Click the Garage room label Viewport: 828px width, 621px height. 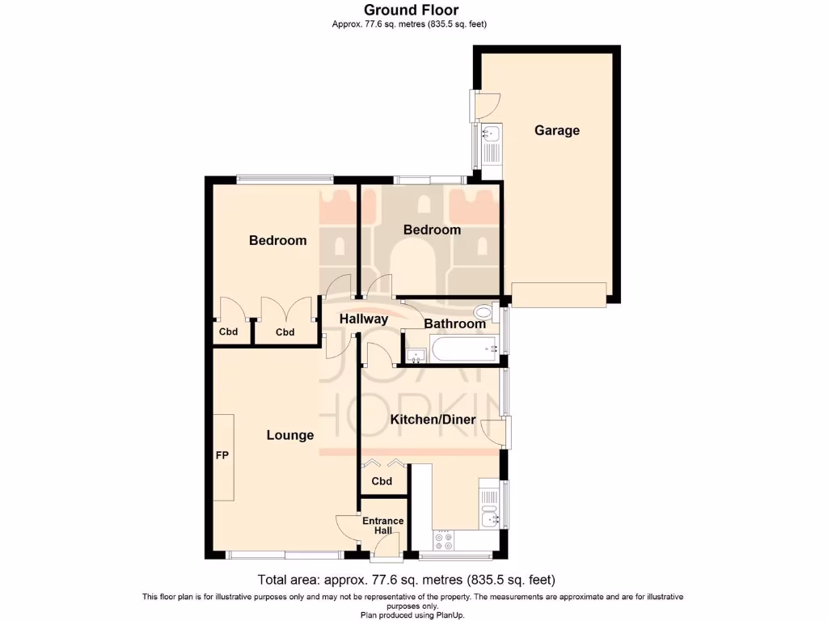pyautogui.click(x=556, y=130)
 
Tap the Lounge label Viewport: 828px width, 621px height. pyautogui.click(x=290, y=435)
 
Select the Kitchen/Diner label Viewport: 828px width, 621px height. pyautogui.click(x=433, y=420)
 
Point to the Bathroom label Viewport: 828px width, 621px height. pyautogui.click(x=454, y=323)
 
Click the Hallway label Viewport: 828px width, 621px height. pyautogui.click(x=363, y=319)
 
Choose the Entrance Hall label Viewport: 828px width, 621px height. pyautogui.click(x=382, y=526)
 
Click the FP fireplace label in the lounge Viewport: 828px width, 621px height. pyautogui.click(x=222, y=456)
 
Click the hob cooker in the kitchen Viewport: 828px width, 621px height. pyautogui.click(x=444, y=539)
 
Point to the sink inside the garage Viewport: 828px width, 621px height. pyautogui.click(x=491, y=134)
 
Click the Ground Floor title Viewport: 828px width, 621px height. pyautogui.click(x=411, y=11)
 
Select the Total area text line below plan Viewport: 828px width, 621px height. pyautogui.click(x=406, y=580)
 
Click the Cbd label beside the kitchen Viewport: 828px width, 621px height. pyautogui.click(x=382, y=482)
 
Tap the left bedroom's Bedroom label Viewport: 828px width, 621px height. pyautogui.click(x=277, y=240)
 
